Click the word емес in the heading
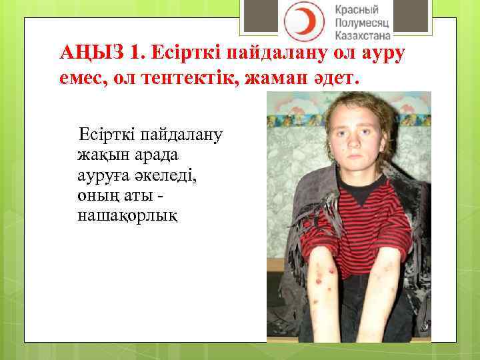click(79, 78)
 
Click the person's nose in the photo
click(354, 145)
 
